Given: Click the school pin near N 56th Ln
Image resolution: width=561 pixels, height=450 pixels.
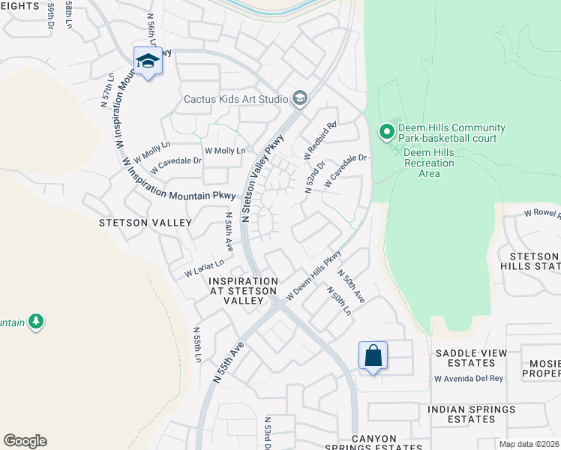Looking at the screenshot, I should pos(148,62).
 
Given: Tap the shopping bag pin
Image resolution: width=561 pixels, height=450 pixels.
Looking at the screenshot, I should pos(373,356).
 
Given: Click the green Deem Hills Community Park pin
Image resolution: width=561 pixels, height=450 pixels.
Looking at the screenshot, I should pos(387,133).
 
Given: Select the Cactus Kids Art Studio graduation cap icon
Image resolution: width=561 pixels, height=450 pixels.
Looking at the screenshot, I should pos(300,98).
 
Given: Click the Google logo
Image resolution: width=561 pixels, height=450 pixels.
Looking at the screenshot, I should pos(25,440).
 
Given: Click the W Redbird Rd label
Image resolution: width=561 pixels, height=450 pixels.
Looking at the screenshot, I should pos(321,140).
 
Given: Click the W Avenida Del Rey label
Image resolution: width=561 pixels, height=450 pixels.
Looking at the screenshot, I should pos(469,378).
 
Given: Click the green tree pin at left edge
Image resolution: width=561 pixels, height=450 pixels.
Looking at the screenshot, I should pos(34,322).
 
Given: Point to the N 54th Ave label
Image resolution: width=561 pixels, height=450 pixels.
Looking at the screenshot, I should pos(229,231).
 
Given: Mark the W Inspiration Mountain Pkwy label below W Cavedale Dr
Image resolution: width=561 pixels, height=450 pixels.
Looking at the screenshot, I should pos(178,178).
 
